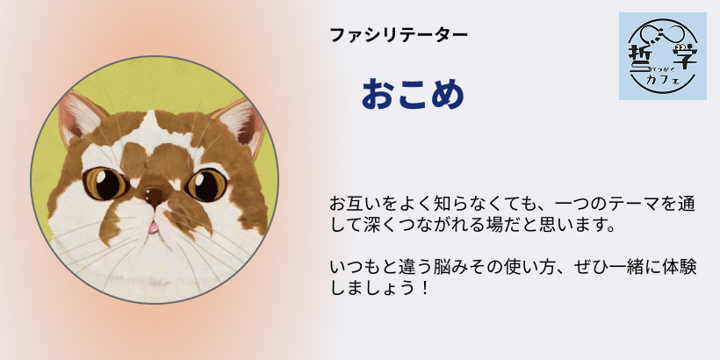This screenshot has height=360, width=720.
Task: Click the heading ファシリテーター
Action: tap(399, 35)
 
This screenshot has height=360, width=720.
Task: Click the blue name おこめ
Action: tap(413, 94)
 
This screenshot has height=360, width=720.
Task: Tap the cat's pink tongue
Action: tap(153, 227)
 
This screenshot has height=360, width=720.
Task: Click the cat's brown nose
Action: tap(154, 194)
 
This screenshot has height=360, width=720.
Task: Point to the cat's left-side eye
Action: tap(105, 184)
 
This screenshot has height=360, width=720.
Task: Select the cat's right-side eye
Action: tap(206, 184)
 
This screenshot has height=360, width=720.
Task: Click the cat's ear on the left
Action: tap(77, 116)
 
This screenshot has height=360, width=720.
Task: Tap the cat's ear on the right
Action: tap(242, 124)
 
